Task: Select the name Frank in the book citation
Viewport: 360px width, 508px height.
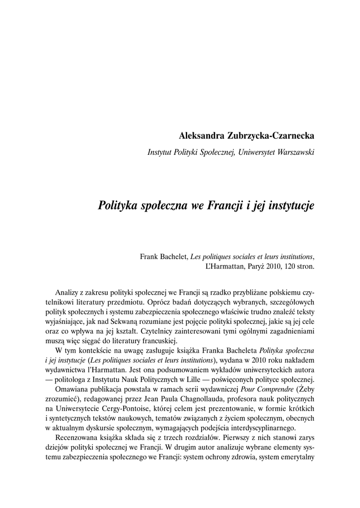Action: click(149, 256)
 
